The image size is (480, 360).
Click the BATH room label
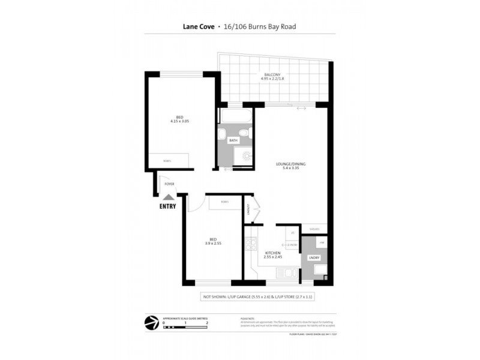pos(233,140)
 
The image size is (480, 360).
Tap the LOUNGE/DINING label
pos(287,164)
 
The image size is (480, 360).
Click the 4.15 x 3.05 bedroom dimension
pos(179,121)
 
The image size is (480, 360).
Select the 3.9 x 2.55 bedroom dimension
pos(214,244)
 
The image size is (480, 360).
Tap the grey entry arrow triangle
pos(169,196)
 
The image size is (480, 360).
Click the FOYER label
pos(170,184)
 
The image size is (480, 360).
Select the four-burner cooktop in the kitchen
pos(251,245)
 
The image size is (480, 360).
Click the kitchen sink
pos(286,274)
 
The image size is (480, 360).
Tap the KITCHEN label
pos(273,253)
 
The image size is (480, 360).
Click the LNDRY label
pos(313,257)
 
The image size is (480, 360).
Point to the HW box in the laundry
pos(322,242)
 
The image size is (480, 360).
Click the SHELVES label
pos(314,229)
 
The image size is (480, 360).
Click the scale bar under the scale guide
pos(185,328)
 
